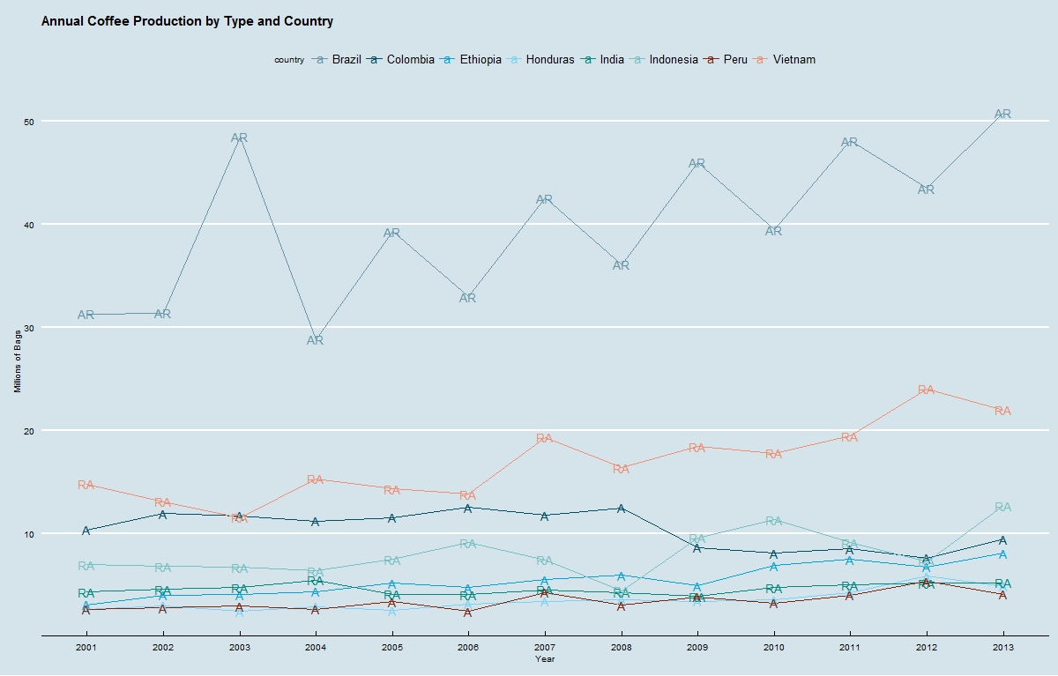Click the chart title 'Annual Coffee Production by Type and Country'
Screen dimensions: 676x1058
187,21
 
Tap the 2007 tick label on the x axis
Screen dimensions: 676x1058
545,648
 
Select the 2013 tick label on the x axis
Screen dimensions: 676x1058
1002,648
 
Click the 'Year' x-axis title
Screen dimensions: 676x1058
545,658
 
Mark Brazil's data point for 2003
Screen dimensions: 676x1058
239,137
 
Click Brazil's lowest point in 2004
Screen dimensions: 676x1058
315,340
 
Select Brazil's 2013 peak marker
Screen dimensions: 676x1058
1002,114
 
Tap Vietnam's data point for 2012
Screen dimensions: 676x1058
926,390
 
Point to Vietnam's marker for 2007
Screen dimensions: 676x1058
544,438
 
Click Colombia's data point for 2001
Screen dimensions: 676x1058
86,531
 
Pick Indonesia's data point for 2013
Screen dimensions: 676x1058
1002,507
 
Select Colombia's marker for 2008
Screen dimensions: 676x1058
621,508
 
